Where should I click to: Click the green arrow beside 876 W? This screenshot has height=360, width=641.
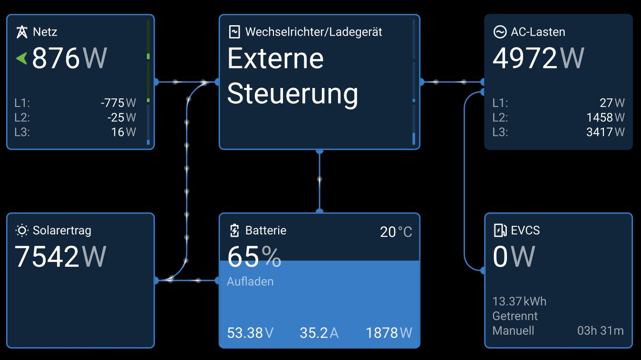coord(21,58)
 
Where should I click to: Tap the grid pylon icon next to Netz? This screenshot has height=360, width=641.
coord(22,32)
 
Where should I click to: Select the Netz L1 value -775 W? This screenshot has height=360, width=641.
coord(118,103)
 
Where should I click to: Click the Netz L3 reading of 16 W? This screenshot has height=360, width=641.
coord(124,132)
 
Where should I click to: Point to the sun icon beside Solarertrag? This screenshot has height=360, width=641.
coord(22,231)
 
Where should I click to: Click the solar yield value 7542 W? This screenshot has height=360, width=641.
coord(60,256)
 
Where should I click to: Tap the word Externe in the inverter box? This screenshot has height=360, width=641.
coord(275,58)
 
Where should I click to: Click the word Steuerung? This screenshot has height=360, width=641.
coord(292,94)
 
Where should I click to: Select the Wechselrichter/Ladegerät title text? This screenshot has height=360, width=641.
coord(313,32)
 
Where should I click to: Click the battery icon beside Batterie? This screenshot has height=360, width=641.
coord(234,231)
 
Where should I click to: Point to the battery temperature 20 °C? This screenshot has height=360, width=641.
coord(396,232)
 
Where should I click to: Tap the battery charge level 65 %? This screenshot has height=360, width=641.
coord(254,257)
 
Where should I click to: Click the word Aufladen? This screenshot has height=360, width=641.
coord(250,282)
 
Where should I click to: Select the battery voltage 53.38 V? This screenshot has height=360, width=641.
coord(250,333)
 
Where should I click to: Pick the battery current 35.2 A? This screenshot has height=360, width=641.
coord(319,333)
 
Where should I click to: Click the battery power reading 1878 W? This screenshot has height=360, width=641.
coord(388,333)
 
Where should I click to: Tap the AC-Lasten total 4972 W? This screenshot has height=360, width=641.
coord(538,58)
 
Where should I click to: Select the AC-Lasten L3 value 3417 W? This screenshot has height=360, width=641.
coord(605,132)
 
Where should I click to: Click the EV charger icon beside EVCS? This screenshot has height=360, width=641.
coord(500,231)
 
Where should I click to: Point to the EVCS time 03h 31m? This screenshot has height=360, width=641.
coord(600,331)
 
